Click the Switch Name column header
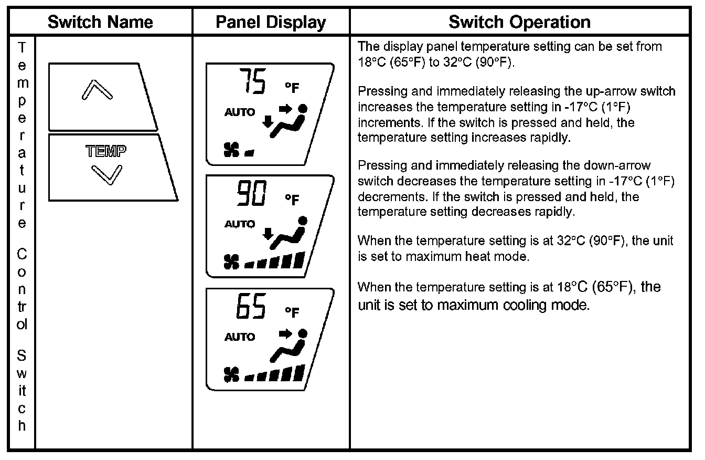(x=100, y=22)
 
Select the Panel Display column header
(x=271, y=22)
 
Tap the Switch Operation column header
(x=519, y=22)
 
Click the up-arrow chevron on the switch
(x=97, y=90)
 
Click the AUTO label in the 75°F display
(x=240, y=112)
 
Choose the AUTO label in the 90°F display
(x=240, y=224)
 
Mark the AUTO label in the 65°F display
(x=240, y=337)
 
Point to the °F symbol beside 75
(x=292, y=88)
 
